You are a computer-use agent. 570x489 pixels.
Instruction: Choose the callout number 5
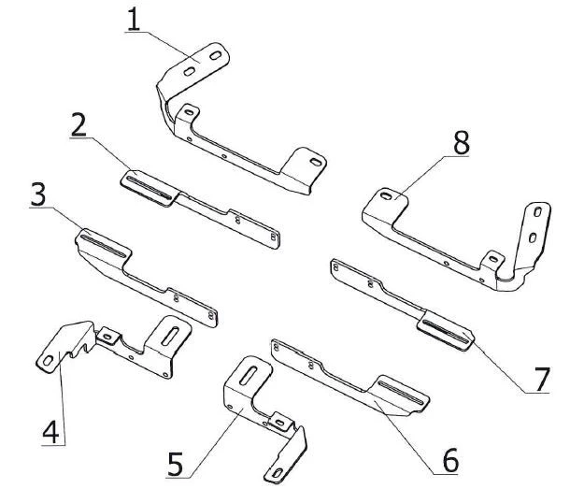(176, 462)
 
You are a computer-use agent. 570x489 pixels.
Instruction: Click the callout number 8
(461, 144)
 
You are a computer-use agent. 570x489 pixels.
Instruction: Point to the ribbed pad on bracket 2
(150, 182)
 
